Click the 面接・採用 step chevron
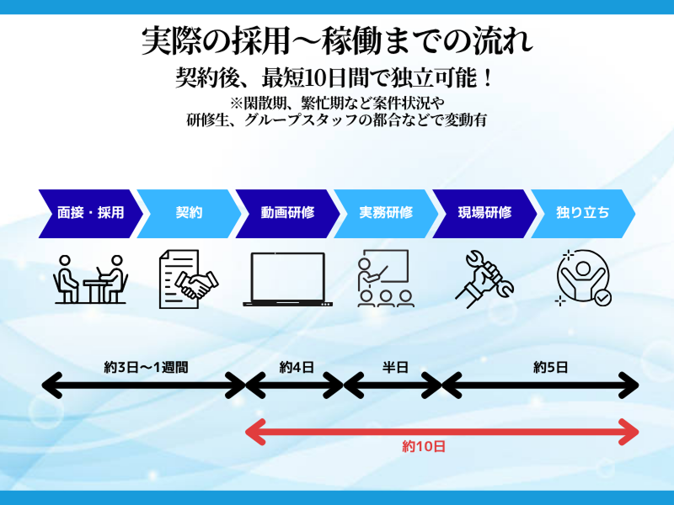89,213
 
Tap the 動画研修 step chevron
287,213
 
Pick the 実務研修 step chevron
386,213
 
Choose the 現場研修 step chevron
484,213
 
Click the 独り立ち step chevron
583,213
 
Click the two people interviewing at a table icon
89,279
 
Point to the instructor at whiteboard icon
384,279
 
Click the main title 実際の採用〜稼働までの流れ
337,41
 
